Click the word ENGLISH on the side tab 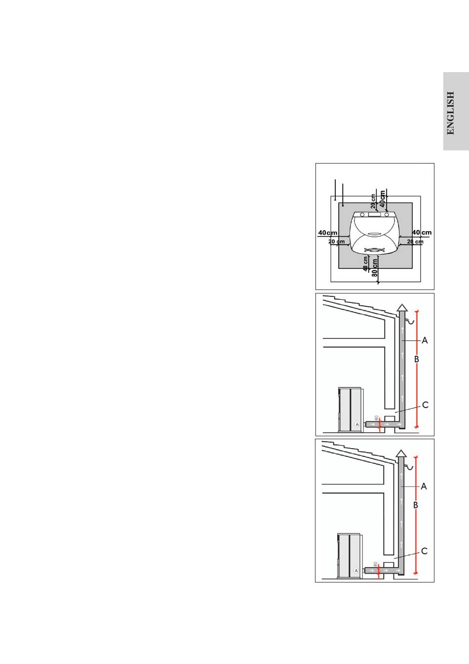click(x=451, y=113)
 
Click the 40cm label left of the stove click(x=328, y=233)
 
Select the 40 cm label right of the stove click(x=422, y=233)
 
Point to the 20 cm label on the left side click(x=337, y=242)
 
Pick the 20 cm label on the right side click(x=414, y=242)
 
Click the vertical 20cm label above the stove click(x=373, y=201)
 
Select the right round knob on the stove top click(x=387, y=215)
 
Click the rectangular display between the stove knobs click(x=374, y=215)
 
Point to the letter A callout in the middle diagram click(x=425, y=340)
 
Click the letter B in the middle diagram click(x=416, y=360)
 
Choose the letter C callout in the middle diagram click(x=425, y=405)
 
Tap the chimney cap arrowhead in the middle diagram click(x=402, y=307)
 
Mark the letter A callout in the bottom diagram click(x=424, y=486)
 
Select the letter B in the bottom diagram click(x=415, y=505)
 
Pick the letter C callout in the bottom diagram click(x=424, y=551)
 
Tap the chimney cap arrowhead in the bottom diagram click(x=401, y=453)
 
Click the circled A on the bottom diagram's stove click(x=356, y=570)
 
